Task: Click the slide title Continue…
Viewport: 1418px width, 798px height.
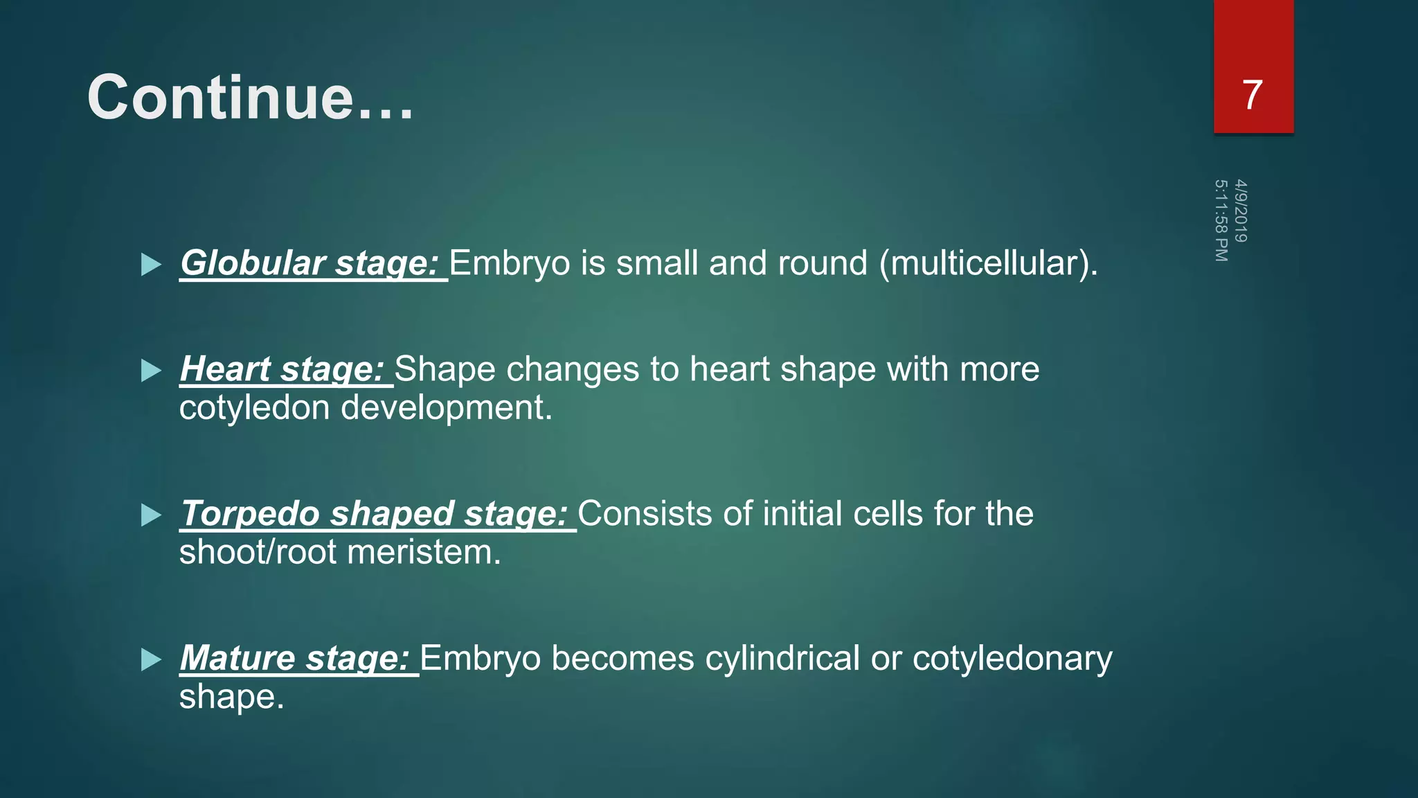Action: coord(250,98)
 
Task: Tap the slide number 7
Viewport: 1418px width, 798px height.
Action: coord(1252,95)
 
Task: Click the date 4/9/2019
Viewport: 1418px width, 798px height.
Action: coord(1241,211)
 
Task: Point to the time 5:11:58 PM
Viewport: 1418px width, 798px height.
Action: coord(1221,220)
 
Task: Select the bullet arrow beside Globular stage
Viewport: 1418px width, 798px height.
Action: coord(151,264)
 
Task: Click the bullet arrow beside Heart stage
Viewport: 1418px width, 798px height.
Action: coord(151,370)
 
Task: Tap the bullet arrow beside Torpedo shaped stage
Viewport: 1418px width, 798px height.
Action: coord(151,515)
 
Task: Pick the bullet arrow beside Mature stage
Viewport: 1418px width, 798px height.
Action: coord(151,659)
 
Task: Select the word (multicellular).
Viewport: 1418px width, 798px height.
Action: coord(989,263)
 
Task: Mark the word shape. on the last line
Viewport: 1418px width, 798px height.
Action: coord(232,697)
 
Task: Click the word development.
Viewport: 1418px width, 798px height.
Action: coord(447,408)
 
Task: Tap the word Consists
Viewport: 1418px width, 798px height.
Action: coord(645,514)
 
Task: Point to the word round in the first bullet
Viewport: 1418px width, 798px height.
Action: coord(823,263)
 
